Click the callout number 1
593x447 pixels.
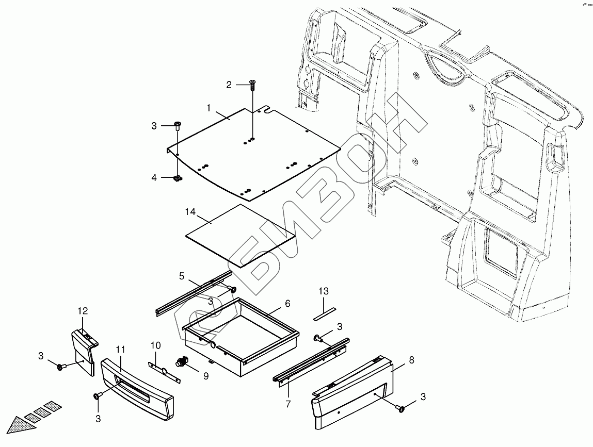[209, 108]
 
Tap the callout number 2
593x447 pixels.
[229, 85]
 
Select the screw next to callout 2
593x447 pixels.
[252, 85]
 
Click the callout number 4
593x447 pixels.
[154, 178]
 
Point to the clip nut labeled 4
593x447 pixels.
[177, 178]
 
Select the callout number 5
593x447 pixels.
[182, 276]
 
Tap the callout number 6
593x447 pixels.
[287, 304]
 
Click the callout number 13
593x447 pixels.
[323, 292]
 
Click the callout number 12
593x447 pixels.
[83, 311]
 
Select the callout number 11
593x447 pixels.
[120, 349]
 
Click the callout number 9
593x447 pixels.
[205, 376]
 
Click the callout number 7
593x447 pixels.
[287, 403]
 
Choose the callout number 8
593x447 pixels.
[411, 361]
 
